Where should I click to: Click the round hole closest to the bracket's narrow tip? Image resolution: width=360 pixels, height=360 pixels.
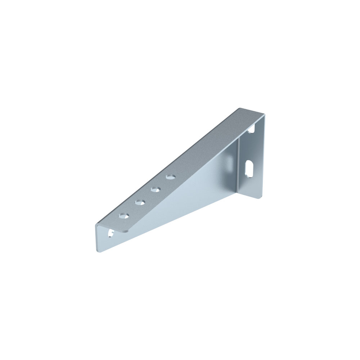(x=124, y=216)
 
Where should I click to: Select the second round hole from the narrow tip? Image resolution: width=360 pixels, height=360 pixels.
(x=140, y=203)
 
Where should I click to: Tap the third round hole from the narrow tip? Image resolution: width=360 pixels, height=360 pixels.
(x=156, y=189)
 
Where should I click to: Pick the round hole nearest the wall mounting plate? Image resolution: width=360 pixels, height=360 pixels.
(x=171, y=177)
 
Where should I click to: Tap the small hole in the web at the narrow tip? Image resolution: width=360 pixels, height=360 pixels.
(x=109, y=234)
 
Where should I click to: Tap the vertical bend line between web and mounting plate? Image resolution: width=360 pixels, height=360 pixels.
(x=238, y=162)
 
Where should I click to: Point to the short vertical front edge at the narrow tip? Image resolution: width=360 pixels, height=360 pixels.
(x=96, y=238)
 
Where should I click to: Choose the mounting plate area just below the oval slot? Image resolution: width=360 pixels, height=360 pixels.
(x=251, y=185)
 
